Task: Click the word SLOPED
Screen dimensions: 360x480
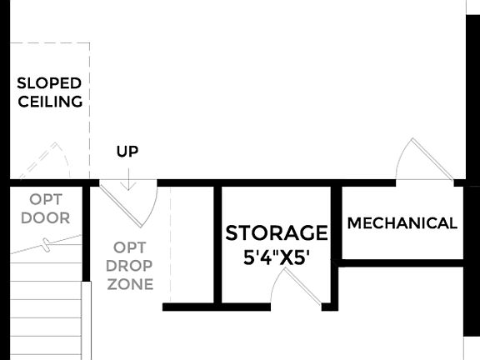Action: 49,83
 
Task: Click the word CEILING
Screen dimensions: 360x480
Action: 49,102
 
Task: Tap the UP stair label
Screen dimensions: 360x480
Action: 127,152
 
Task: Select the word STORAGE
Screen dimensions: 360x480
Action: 277,232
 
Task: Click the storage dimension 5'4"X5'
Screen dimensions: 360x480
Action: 277,257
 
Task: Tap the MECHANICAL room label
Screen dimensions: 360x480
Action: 402,223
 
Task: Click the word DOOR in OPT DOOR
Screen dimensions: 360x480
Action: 45,218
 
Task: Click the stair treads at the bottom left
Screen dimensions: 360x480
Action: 45,308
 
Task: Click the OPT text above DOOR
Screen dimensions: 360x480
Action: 45,200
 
